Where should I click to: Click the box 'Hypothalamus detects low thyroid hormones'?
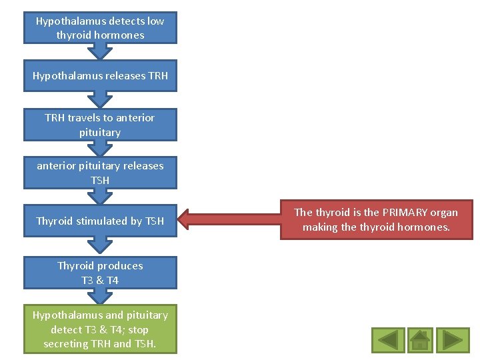(x=100, y=28)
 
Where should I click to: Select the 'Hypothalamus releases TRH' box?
(x=100, y=76)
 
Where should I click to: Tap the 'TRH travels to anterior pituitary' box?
(x=100, y=125)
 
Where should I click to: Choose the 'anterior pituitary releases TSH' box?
(x=100, y=173)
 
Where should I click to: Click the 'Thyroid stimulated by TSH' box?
(x=100, y=221)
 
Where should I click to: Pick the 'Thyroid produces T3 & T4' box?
(x=100, y=273)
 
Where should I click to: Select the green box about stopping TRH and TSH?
(x=100, y=329)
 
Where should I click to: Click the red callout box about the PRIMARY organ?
(x=376, y=220)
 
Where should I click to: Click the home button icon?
(x=421, y=340)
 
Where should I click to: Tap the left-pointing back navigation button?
(x=388, y=340)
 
